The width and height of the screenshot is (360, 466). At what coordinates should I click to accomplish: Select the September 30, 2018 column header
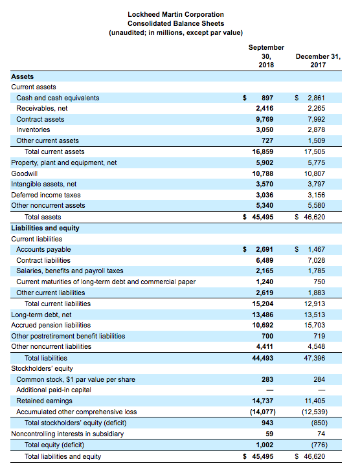pos(265,56)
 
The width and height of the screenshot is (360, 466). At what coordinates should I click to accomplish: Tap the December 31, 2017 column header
pos(317,61)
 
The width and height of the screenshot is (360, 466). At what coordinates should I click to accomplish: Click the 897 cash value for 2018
pos(266,98)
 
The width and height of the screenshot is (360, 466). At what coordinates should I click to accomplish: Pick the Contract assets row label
pos(40,119)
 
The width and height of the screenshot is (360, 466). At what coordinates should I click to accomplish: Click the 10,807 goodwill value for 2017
pos(315,173)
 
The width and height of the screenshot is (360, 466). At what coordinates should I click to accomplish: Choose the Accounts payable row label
pos(43,249)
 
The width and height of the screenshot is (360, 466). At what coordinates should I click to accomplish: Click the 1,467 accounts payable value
pos(316,249)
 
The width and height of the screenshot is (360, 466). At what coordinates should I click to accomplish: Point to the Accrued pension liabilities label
pos(51,325)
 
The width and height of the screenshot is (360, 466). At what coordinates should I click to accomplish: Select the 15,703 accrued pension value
pos(315,325)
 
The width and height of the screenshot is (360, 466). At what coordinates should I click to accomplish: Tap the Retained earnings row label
pos(44,401)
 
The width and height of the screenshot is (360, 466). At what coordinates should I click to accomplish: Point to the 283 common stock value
pos(266,379)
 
